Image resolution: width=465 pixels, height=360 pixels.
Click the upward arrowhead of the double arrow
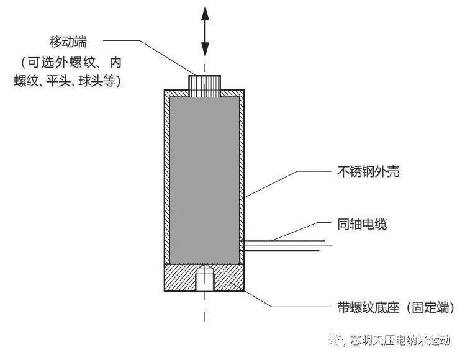pyautogui.click(x=205, y=12)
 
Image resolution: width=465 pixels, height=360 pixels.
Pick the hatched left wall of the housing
pyautogui.click(x=167, y=177)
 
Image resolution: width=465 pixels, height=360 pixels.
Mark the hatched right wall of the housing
pyautogui.click(x=243, y=177)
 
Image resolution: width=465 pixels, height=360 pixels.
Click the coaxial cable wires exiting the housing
pyautogui.click(x=286, y=246)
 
